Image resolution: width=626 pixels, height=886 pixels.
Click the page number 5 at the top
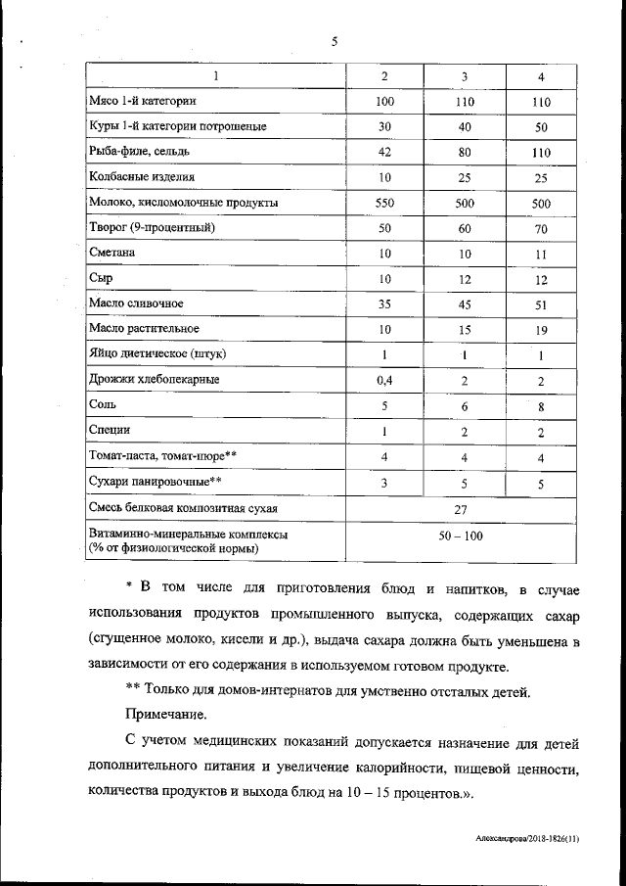pyautogui.click(x=334, y=41)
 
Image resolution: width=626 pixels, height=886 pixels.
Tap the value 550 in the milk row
pyautogui.click(x=384, y=203)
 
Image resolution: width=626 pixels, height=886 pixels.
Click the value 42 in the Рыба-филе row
pyautogui.click(x=384, y=152)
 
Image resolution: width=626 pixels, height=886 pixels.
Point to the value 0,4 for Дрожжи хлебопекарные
pyautogui.click(x=384, y=380)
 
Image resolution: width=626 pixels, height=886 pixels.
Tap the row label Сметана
pyautogui.click(x=111, y=253)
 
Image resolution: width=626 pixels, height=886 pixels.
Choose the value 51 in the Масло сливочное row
pyautogui.click(x=541, y=304)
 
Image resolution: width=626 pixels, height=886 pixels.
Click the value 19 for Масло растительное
pyautogui.click(x=541, y=329)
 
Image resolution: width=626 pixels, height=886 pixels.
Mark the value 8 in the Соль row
pyautogui.click(x=541, y=406)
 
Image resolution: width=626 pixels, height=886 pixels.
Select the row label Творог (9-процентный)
pyautogui.click(x=151, y=227)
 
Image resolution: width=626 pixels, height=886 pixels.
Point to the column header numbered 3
pyautogui.click(x=464, y=76)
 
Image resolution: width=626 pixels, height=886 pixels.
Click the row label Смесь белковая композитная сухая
pyautogui.click(x=182, y=509)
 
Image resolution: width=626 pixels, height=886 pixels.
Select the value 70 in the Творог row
pyautogui.click(x=541, y=228)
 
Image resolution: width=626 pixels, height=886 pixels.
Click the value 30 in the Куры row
pyautogui.click(x=384, y=127)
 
